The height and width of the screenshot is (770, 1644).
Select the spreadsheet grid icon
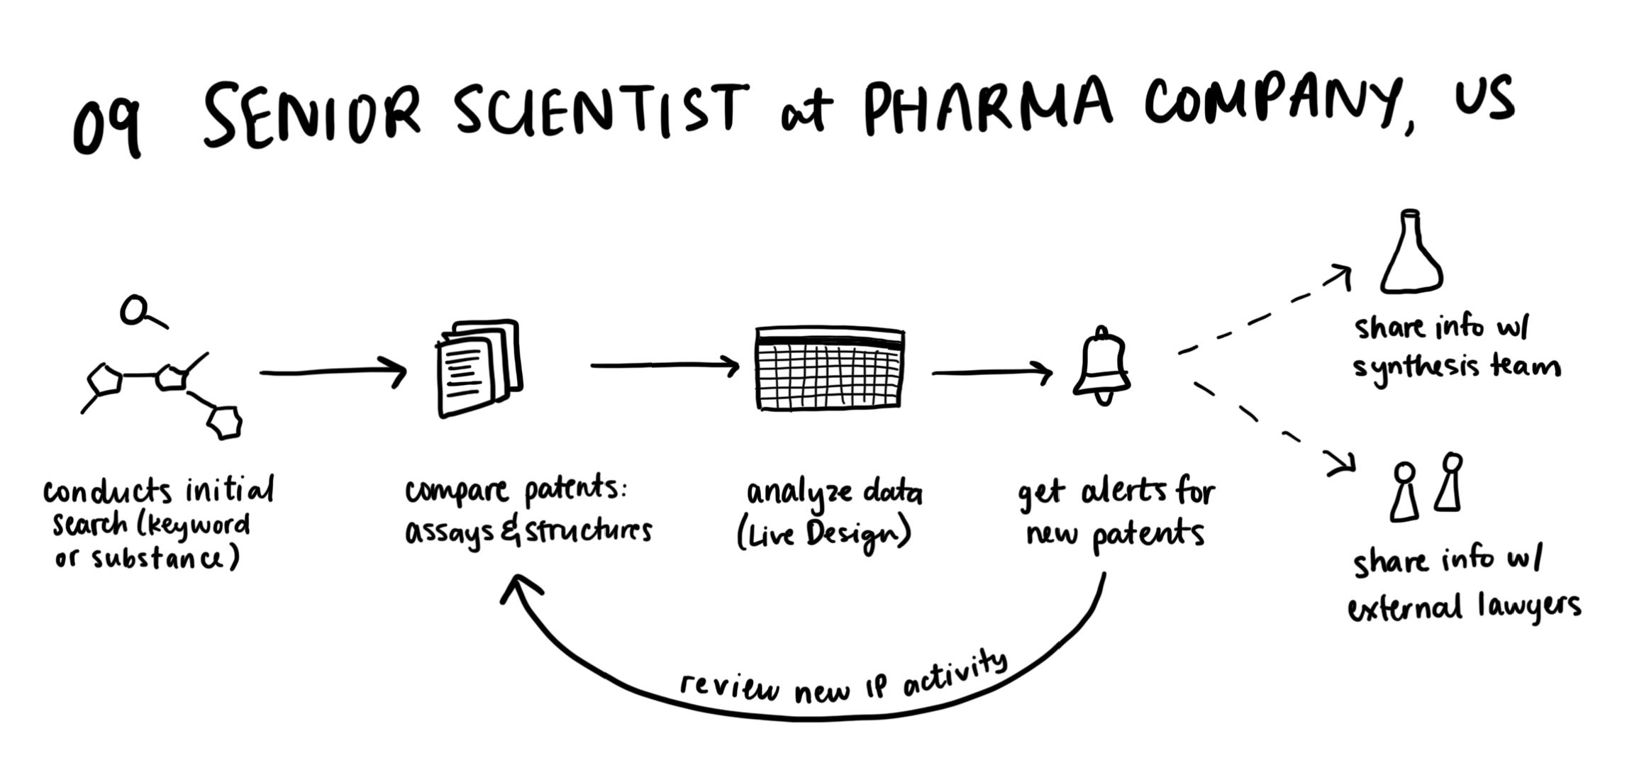pos(830,368)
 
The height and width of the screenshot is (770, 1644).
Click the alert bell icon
pos(1101,365)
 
